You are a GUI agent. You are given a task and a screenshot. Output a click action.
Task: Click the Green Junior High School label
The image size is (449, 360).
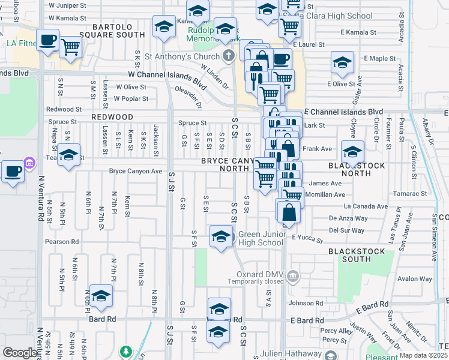tap(261, 239)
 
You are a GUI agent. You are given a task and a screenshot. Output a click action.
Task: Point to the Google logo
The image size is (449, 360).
tap(20, 353)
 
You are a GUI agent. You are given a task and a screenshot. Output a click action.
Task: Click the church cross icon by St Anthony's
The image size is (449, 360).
tap(228, 57)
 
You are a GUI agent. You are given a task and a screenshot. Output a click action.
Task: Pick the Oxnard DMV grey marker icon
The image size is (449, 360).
tap(292, 277)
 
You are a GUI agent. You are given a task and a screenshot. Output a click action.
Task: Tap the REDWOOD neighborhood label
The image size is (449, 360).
tap(112, 117)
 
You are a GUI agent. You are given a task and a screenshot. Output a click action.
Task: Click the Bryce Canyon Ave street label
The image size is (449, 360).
tap(136, 171)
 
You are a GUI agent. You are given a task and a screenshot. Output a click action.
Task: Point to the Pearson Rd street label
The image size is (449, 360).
tap(62, 242)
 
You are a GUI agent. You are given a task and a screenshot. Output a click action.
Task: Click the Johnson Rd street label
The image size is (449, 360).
tap(301, 303)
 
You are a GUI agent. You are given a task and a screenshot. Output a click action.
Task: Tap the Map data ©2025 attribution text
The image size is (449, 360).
tap(423, 355)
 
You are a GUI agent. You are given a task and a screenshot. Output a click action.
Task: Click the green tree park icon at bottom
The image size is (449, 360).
tap(126, 351)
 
